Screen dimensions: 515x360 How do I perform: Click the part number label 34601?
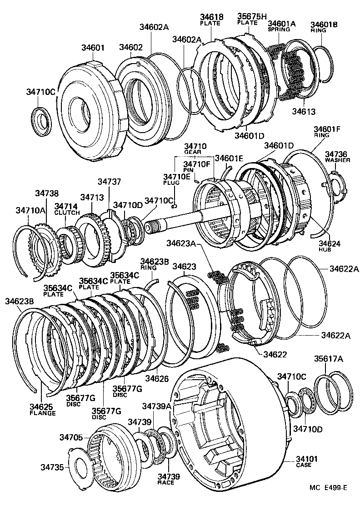click(x=93, y=47)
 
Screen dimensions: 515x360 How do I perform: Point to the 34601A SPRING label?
click(x=281, y=26)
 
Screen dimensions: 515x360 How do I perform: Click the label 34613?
click(x=304, y=111)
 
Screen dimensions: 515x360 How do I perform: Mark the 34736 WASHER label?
click(x=337, y=157)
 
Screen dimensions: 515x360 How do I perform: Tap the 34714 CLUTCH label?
click(x=67, y=209)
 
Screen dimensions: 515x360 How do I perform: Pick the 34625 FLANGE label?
click(x=43, y=410)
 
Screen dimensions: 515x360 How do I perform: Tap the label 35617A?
click(x=329, y=359)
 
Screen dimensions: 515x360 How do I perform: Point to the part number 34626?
click(x=157, y=378)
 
